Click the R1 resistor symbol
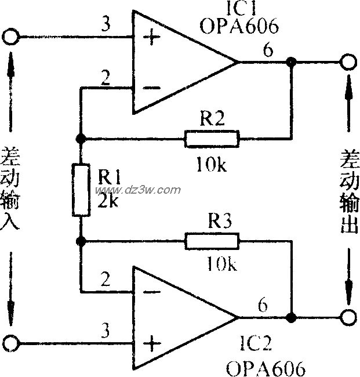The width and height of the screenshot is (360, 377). [x=81, y=190]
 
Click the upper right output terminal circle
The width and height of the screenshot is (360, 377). [x=348, y=62]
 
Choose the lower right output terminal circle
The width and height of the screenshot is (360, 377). [x=348, y=318]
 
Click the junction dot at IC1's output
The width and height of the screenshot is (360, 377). [x=292, y=62]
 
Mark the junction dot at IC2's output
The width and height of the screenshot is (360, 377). [x=292, y=318]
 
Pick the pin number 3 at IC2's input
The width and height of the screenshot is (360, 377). [x=105, y=331]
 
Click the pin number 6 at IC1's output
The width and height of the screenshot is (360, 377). [x=267, y=50]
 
